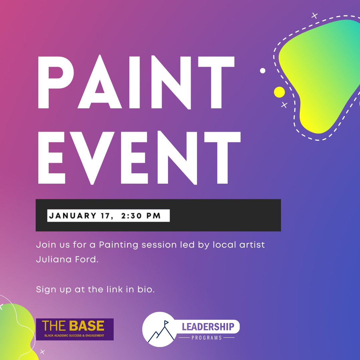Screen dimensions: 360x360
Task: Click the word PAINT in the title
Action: tap(136, 82)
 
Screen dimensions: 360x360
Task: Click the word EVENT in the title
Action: tap(139, 158)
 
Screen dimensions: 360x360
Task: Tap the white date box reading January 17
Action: tap(108, 216)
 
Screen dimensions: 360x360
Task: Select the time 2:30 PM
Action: tap(141, 216)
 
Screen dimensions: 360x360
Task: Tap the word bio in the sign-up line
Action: tap(146, 289)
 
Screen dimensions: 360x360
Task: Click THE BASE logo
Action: tap(75, 329)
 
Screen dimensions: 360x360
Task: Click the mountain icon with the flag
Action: tap(161, 332)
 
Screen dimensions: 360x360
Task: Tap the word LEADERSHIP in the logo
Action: tap(208, 327)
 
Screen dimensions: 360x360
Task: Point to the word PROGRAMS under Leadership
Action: tap(207, 338)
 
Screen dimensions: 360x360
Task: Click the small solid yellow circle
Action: tap(279, 92)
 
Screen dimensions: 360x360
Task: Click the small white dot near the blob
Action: tap(263, 70)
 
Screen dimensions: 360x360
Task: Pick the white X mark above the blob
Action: tap(315, 16)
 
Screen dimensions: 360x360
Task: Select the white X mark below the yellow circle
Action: tap(284, 105)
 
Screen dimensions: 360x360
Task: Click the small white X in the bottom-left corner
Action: tap(42, 352)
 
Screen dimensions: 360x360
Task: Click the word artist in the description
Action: tap(252, 245)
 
